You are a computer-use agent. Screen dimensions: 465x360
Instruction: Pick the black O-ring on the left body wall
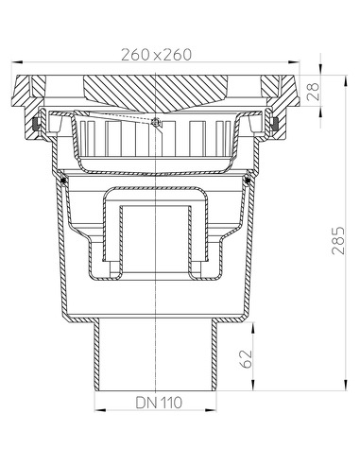point(63,180)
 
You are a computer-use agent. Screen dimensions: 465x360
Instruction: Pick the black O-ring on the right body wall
point(248,180)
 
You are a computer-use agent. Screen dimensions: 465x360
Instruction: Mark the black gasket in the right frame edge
point(276,125)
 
